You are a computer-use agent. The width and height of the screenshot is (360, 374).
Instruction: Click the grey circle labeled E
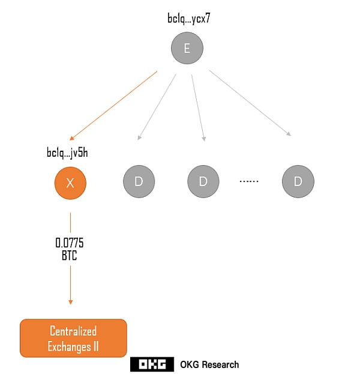tap(187, 47)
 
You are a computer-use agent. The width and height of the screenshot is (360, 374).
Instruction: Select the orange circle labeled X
tap(70, 182)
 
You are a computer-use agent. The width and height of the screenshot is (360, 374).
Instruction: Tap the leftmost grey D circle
tap(138, 182)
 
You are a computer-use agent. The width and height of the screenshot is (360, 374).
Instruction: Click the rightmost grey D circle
tap(298, 182)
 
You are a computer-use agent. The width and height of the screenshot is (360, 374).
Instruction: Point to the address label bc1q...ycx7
tap(188, 19)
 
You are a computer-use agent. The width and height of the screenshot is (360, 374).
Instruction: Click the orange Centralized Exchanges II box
tap(73, 339)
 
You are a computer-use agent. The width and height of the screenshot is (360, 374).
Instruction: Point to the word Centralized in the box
tap(73, 331)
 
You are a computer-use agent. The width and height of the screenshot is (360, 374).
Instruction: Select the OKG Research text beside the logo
tap(209, 364)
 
